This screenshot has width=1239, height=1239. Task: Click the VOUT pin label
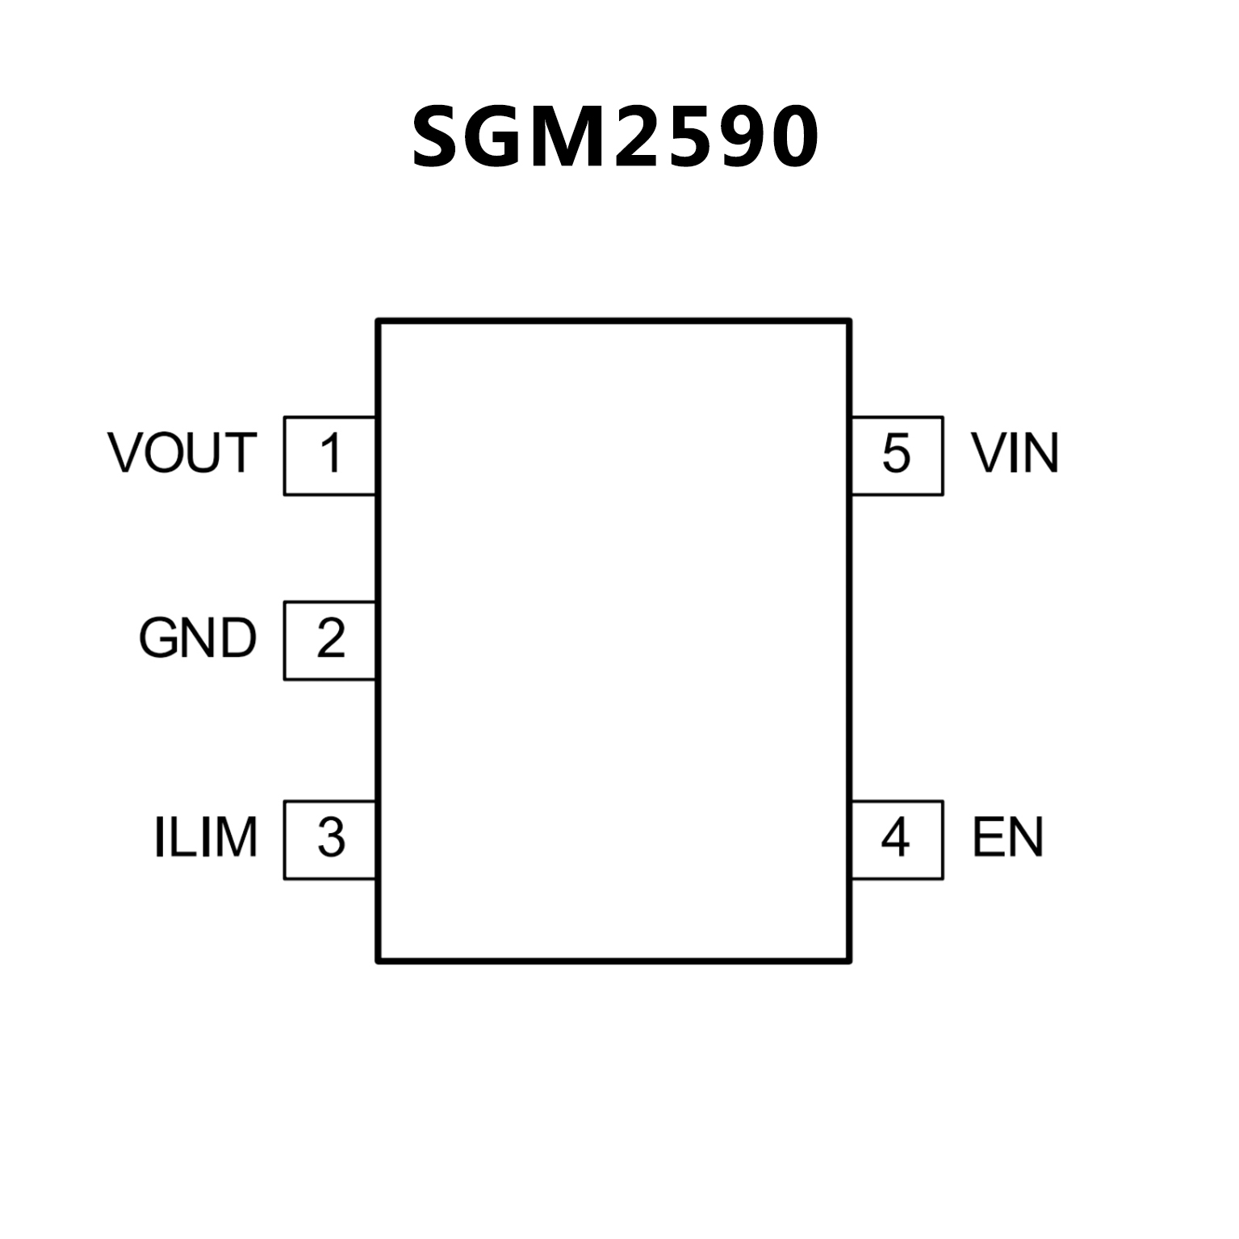[x=182, y=453]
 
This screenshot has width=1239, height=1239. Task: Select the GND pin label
[x=198, y=638]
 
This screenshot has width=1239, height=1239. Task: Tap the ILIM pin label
[x=206, y=837]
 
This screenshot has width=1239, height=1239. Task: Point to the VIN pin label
[x=1015, y=453]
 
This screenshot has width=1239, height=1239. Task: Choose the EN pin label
[x=1007, y=837]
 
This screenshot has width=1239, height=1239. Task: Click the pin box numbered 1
[x=330, y=455]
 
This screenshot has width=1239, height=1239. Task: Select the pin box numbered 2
[x=330, y=640]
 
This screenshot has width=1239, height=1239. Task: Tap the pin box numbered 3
[x=330, y=839]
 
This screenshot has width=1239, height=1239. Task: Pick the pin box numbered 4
[x=897, y=839]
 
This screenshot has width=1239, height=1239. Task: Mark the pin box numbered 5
[x=897, y=455]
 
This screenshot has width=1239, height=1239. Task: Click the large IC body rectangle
[x=613, y=640]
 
